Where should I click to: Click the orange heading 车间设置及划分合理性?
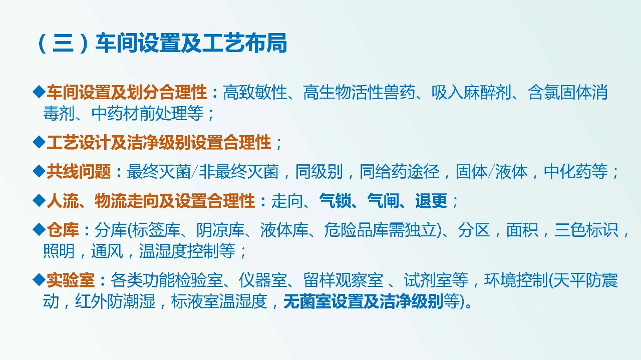coord(126,93)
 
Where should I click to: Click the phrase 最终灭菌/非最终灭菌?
coord(202,172)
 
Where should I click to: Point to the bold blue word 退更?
coord(431,201)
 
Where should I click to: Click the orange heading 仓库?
coord(63,230)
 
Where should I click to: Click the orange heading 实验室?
coord(70,280)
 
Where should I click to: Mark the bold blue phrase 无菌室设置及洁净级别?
coord(363,302)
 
